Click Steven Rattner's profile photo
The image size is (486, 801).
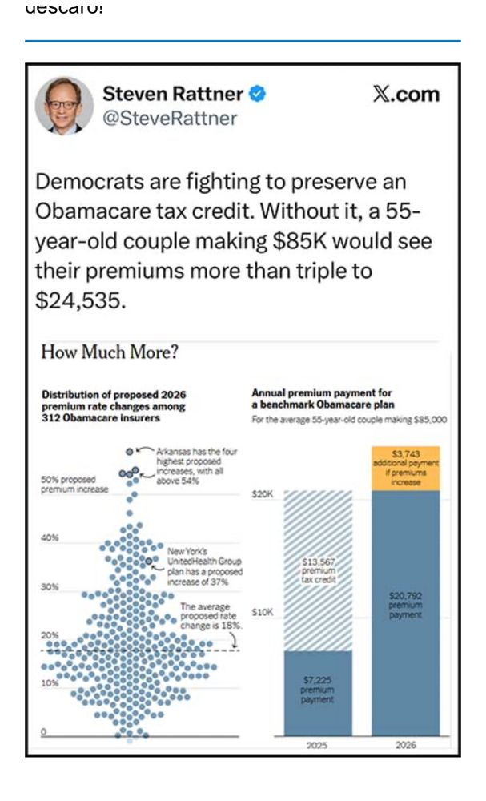point(65,106)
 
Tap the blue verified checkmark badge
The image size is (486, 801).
point(257,95)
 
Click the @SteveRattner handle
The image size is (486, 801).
point(170,119)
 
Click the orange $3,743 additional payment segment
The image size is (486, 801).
point(407,468)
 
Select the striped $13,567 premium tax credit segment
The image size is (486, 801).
point(318,570)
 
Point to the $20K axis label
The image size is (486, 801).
point(263,495)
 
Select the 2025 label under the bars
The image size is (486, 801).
point(318,745)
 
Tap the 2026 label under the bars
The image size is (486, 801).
point(407,745)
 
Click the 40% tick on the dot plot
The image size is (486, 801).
point(50,537)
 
